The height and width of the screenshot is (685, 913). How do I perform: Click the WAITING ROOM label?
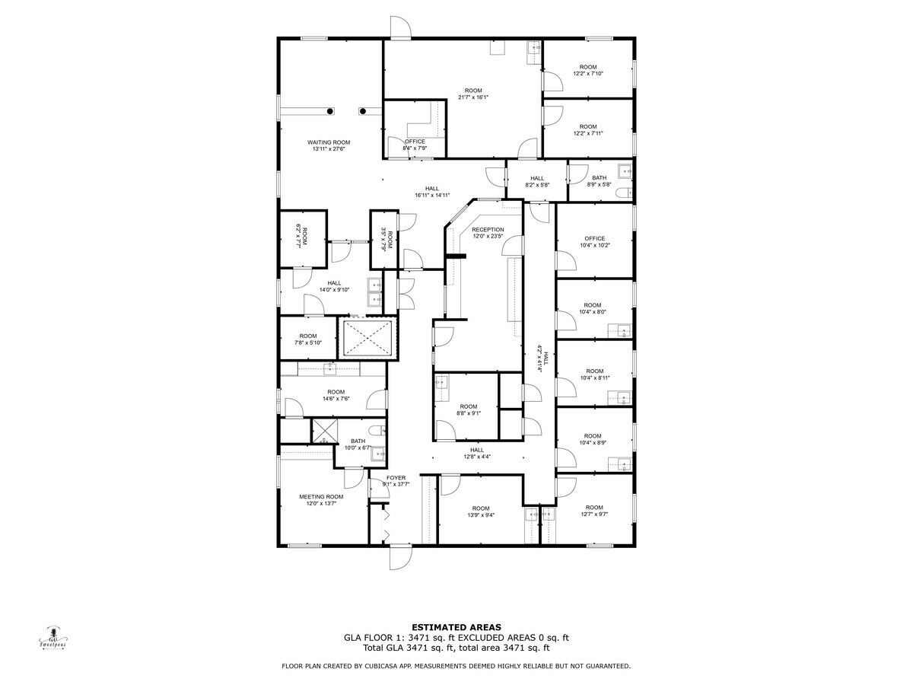(329, 142)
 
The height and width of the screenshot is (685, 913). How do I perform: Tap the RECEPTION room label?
(488, 229)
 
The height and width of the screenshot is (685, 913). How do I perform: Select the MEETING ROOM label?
(321, 497)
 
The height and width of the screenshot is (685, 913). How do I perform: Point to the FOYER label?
(396, 478)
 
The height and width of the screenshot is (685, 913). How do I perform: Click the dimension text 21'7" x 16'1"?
(473, 97)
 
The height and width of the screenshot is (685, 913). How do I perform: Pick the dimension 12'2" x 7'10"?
(588, 74)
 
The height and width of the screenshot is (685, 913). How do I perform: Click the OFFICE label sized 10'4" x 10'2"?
(594, 238)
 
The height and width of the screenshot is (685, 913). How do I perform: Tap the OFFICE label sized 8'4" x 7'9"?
(415, 142)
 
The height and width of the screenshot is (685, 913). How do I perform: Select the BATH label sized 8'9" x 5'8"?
(600, 178)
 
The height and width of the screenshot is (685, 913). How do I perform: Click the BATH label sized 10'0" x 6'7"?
(358, 441)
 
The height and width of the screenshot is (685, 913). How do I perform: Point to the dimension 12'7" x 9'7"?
(594, 515)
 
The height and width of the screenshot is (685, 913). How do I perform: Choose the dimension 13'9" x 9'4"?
(480, 515)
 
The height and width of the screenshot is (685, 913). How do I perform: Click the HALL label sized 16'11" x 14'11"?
(432, 188)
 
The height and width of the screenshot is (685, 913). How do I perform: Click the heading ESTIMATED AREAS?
(456, 627)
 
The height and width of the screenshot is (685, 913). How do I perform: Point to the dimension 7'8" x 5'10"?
(308, 343)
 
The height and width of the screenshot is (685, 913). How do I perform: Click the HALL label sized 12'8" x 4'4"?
(477, 450)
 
